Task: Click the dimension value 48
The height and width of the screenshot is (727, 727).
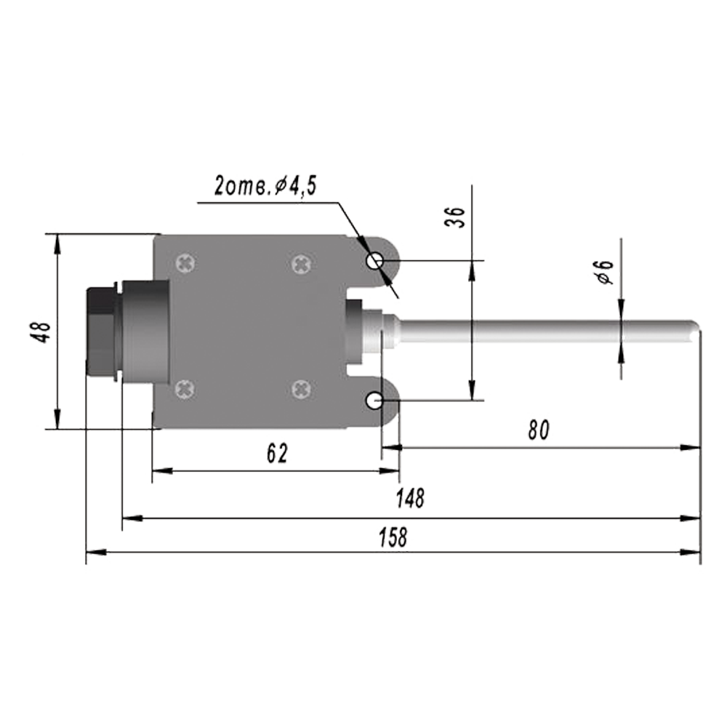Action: (43, 332)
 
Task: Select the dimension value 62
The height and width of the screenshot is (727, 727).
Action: (277, 454)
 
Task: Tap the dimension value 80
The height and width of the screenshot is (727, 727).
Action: (539, 430)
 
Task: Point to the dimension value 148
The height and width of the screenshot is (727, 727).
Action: (410, 498)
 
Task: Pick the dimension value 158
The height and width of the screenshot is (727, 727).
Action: (393, 537)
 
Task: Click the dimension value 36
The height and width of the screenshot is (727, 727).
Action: (455, 217)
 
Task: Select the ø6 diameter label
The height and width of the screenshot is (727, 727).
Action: (603, 272)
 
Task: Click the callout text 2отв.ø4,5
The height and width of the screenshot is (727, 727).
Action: (265, 185)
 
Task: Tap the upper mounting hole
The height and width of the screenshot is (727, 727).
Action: (374, 261)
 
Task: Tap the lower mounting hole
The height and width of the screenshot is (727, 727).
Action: (374, 401)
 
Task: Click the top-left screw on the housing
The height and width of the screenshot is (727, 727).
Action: (185, 263)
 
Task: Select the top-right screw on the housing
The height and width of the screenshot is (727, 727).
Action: (302, 264)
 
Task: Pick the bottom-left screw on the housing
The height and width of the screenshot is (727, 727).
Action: (185, 390)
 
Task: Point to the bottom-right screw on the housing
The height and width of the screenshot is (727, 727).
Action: (302, 390)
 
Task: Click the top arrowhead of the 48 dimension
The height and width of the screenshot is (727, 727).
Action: (57, 244)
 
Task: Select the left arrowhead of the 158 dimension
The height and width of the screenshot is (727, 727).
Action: (96, 552)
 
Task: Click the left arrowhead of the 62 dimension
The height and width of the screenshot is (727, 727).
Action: (162, 471)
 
